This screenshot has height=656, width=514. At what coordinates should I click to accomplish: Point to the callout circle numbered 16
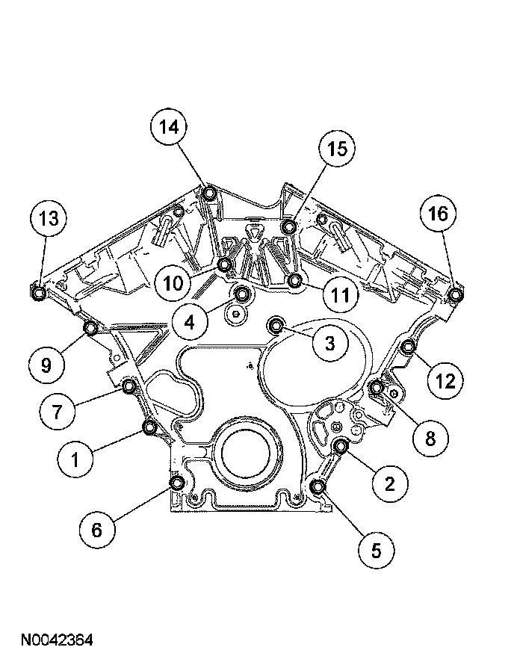[x=437, y=214]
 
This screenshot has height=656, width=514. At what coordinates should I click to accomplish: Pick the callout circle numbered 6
[x=97, y=530]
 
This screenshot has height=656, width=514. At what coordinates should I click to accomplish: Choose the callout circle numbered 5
[x=376, y=551]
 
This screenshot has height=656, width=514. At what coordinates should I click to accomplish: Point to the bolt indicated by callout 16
[x=455, y=294]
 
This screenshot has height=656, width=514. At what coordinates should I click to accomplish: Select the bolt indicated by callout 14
[x=210, y=194]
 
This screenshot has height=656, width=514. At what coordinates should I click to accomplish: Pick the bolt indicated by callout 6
[x=177, y=483]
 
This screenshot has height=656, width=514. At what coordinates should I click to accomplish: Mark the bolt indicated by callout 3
[x=277, y=325]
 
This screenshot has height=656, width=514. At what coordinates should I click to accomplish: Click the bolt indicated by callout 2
[x=341, y=447]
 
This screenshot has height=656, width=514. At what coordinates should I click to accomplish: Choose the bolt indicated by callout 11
[x=295, y=281]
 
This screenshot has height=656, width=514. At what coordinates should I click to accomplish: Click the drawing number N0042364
[x=57, y=640]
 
